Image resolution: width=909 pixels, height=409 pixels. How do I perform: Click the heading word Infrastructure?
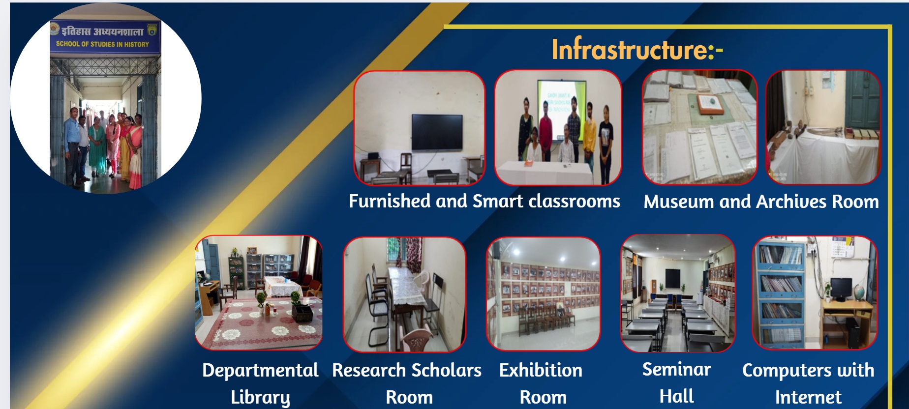tap(630, 50)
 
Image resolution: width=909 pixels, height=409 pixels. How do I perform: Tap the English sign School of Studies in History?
tap(102, 44)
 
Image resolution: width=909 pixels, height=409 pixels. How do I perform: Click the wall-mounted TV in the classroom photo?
tap(437, 132)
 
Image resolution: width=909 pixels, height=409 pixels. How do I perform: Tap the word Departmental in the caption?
tap(260, 370)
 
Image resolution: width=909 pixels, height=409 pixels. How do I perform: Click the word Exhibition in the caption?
tap(541, 370)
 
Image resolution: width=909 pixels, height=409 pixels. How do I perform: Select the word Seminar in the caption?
tap(676, 369)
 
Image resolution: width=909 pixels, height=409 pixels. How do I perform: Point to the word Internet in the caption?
tap(808, 397)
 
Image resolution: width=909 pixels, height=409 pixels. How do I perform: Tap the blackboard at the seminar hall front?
tap(672, 279)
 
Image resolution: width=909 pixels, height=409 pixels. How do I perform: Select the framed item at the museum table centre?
tap(710, 104)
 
